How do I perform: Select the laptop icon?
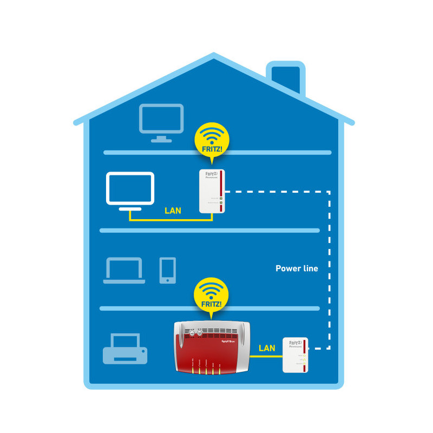click(x=124, y=271)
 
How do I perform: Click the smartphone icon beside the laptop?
click(x=167, y=270)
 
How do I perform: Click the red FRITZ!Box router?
click(x=212, y=346)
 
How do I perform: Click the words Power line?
click(x=297, y=268)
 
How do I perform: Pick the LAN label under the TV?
click(x=173, y=210)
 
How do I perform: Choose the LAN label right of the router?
click(x=266, y=348)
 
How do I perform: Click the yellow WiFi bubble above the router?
click(x=211, y=295)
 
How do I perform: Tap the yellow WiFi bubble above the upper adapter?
click(x=212, y=139)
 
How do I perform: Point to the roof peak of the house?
click(x=214, y=56)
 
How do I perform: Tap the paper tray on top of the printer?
click(x=125, y=339)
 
